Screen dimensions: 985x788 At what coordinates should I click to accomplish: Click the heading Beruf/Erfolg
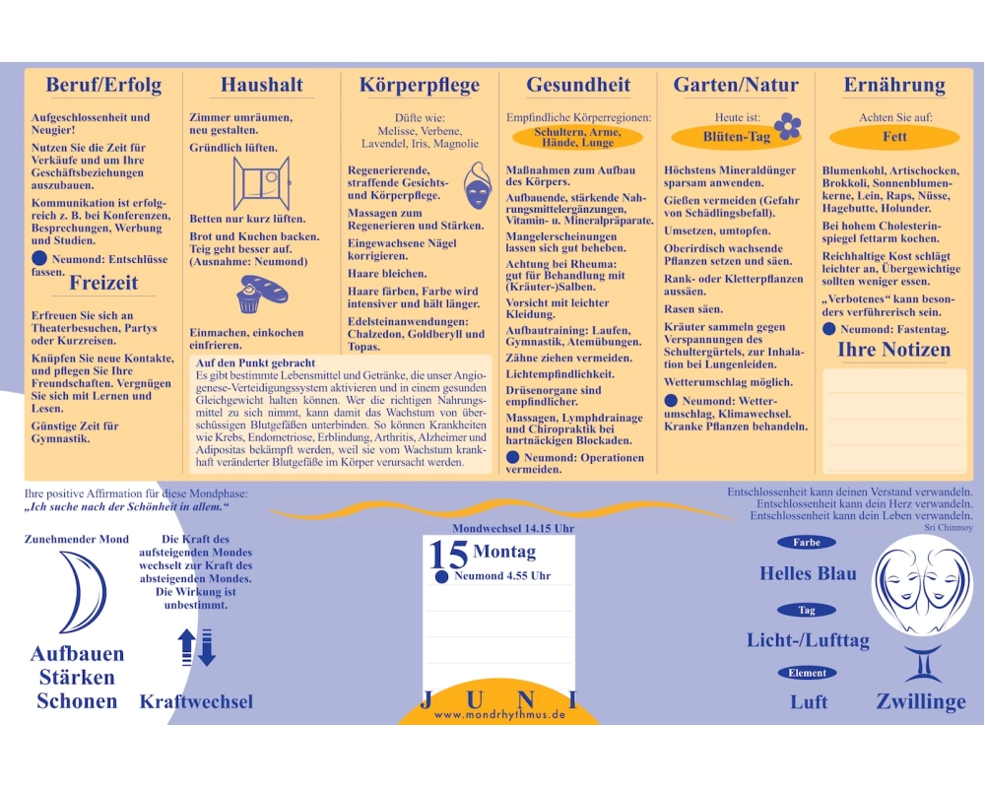103,85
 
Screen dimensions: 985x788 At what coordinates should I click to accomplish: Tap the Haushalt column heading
262,85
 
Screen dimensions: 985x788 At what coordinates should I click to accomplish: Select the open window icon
261,183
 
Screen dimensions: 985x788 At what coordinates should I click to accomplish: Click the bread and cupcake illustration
261,294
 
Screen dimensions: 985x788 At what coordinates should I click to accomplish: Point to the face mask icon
478,186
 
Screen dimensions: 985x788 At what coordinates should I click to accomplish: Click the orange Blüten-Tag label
736,137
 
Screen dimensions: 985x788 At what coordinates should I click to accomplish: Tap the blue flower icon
788,126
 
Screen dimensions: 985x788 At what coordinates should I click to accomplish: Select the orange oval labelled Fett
894,136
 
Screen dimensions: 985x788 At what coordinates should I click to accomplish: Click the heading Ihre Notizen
894,350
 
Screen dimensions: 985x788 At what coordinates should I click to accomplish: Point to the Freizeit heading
103,283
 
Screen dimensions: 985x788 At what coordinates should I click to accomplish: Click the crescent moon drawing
85,592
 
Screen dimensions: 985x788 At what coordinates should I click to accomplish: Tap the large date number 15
448,555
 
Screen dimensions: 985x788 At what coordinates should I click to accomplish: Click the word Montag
504,552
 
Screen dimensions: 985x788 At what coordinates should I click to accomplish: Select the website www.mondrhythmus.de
499,714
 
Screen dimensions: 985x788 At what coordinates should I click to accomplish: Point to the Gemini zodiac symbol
922,664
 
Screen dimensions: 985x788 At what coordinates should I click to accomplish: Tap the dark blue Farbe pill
807,543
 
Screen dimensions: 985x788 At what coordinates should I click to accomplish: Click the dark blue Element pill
808,673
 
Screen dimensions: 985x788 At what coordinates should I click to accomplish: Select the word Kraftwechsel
196,702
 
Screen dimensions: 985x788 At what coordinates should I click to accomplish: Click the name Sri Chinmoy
948,528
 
